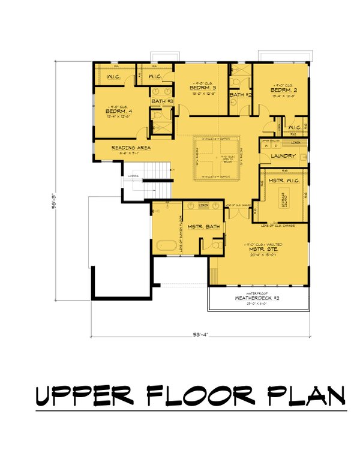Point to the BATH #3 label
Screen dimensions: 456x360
pos(162,101)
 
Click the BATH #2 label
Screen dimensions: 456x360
pos(240,95)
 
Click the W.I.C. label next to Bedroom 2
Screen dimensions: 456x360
pos(295,127)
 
